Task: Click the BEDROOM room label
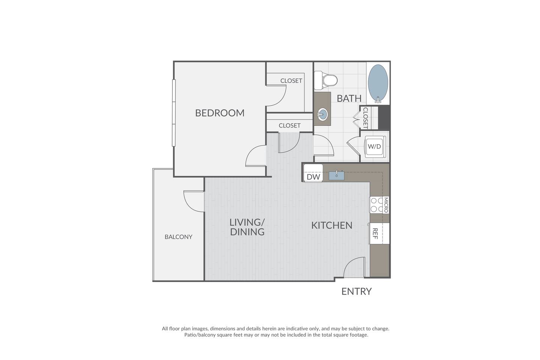point(220,113)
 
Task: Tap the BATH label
point(349,98)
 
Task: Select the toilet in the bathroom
point(326,80)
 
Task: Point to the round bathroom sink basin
point(322,113)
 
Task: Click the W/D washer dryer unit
point(374,146)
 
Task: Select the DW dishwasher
point(313,177)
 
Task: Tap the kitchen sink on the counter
point(336,175)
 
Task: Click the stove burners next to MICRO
point(376,205)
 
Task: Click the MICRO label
point(386,205)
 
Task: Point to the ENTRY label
point(356,291)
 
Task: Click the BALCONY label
point(178,237)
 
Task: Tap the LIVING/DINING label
point(247,227)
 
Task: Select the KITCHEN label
point(332,225)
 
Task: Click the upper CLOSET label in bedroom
point(291,81)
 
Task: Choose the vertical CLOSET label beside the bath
point(365,118)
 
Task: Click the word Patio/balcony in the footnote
point(200,335)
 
